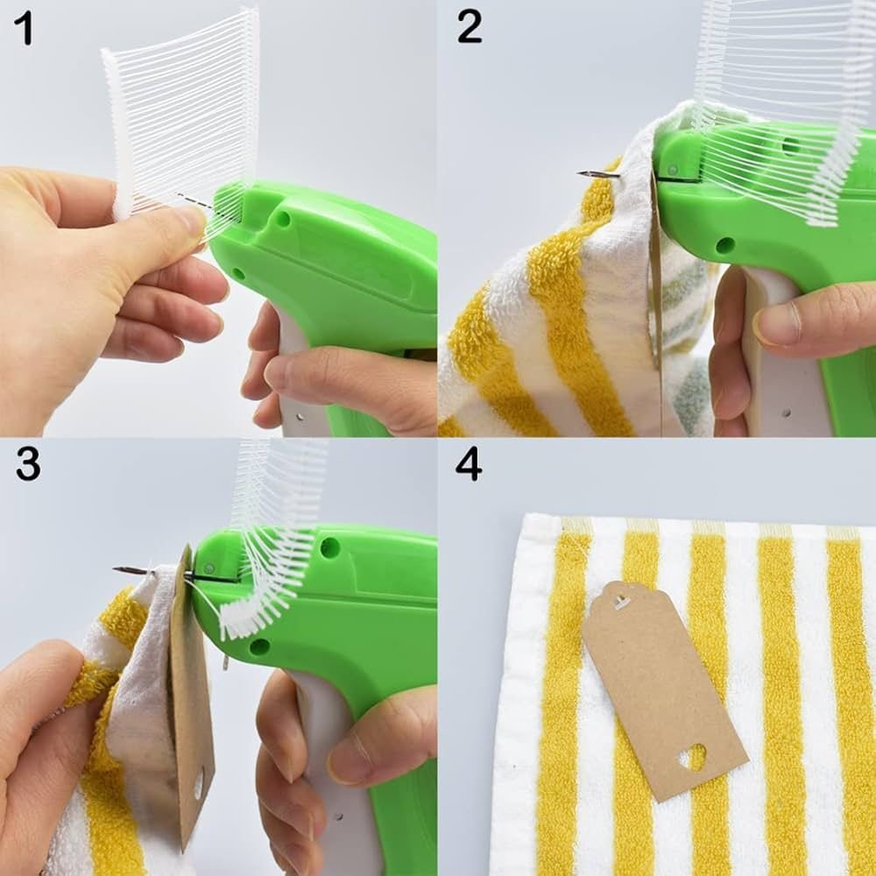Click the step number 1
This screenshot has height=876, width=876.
[25, 29]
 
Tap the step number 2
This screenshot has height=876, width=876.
[470, 27]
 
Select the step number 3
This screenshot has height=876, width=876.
[28, 463]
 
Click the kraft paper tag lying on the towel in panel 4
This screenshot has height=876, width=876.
[664, 691]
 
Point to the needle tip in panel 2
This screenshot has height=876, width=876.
[581, 173]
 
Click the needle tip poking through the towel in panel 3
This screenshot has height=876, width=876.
[117, 569]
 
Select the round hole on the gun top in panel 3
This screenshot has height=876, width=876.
[330, 547]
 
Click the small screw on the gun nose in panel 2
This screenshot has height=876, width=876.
[673, 169]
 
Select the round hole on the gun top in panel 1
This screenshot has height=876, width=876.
[283, 219]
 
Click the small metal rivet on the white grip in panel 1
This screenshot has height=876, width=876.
[300, 417]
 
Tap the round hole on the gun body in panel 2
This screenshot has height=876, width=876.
[725, 244]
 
